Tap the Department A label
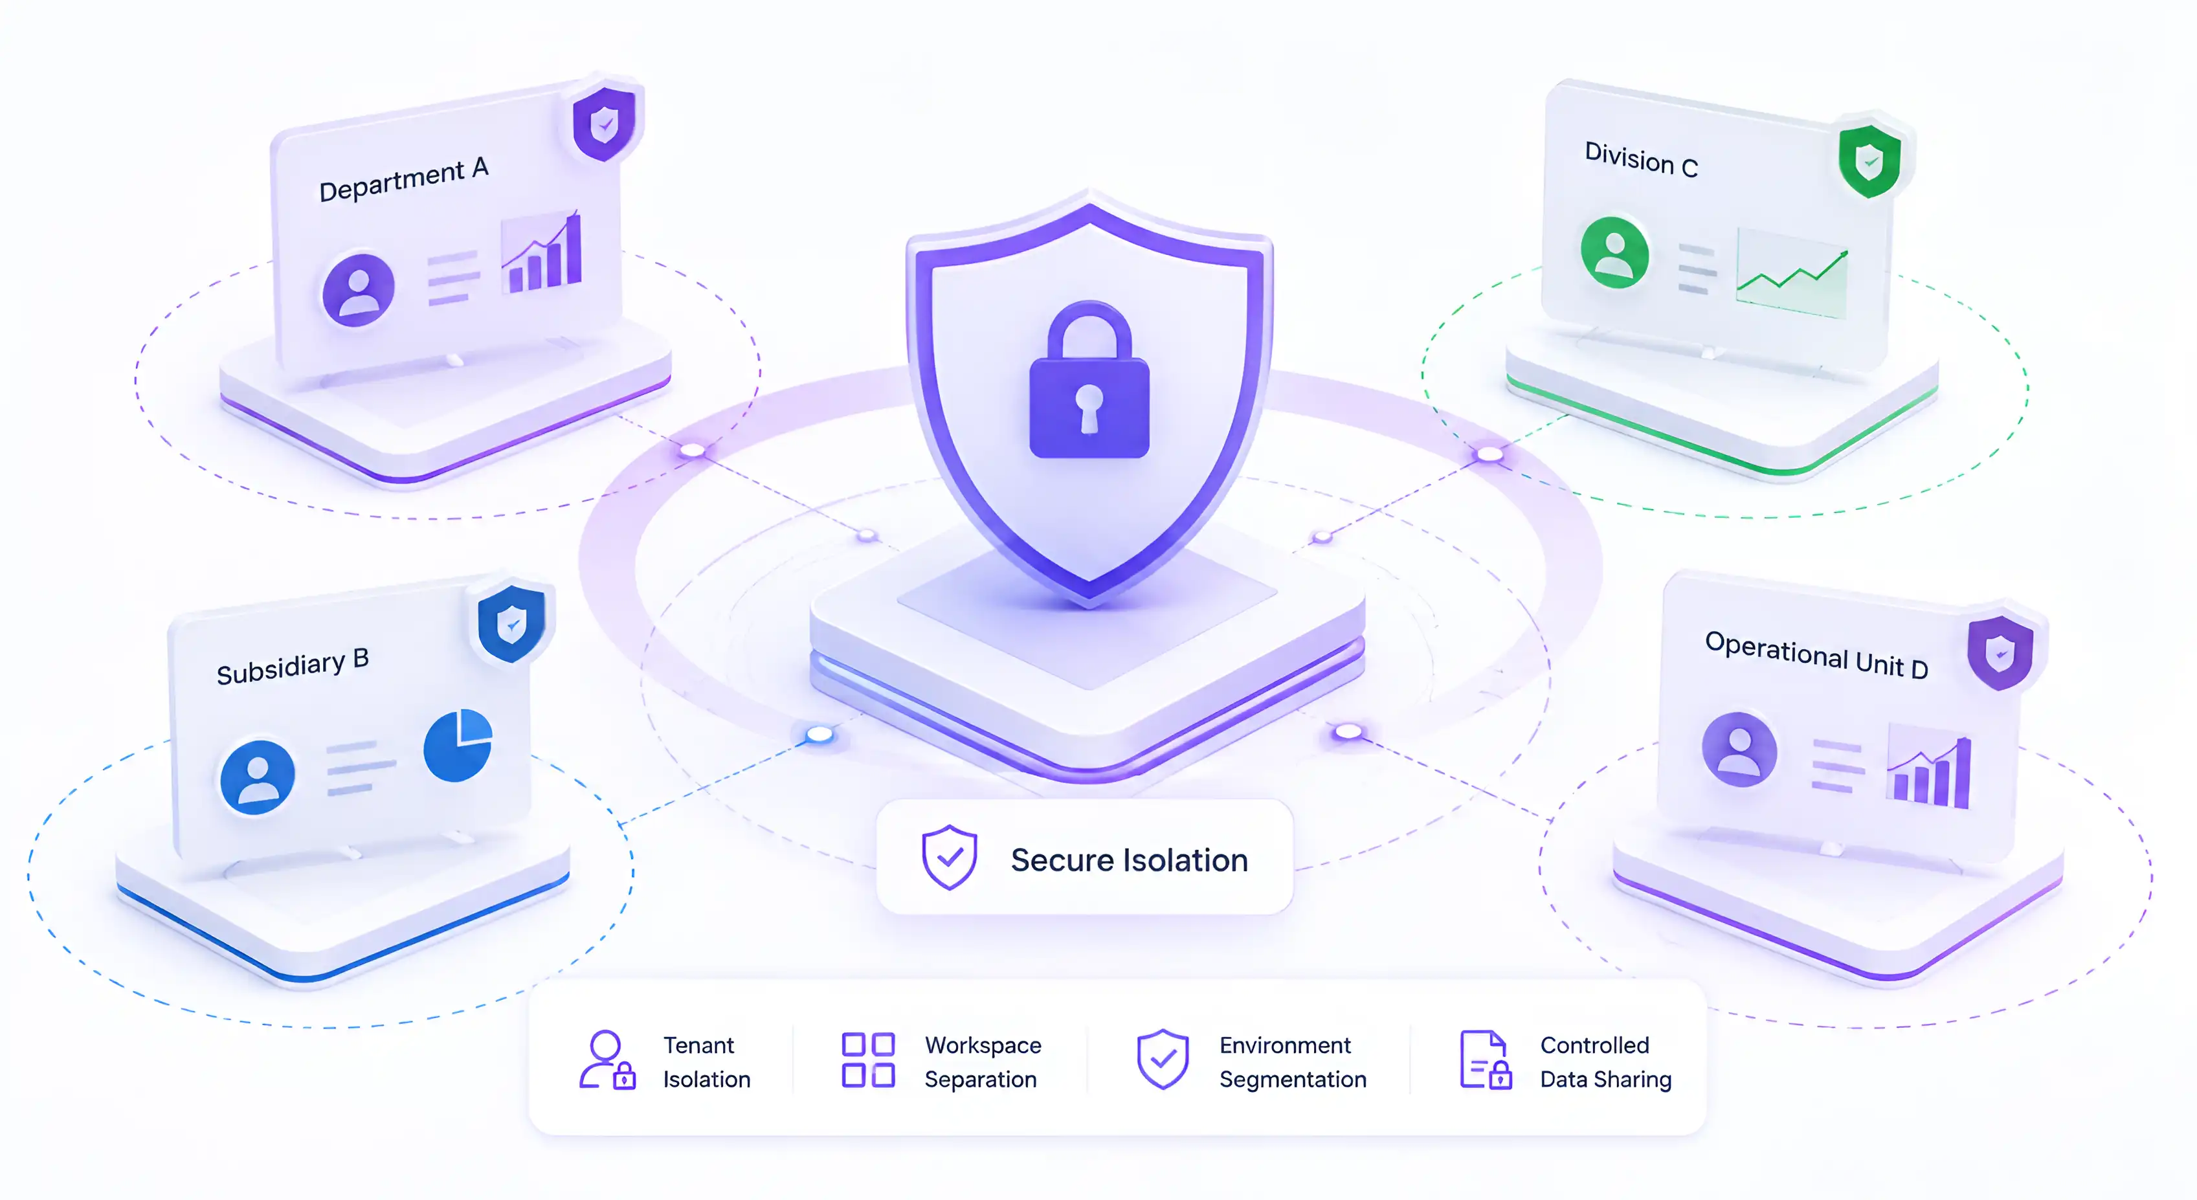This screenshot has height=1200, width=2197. tap(403, 179)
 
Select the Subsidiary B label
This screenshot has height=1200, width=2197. tap(293, 666)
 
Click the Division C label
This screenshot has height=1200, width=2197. tap(1641, 159)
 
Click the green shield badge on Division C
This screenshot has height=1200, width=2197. tap(1869, 161)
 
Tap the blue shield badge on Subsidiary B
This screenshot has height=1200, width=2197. tap(511, 623)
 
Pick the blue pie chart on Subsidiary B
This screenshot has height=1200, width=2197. tap(458, 744)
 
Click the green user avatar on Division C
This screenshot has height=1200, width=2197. tap(1614, 252)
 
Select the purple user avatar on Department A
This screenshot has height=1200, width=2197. tap(358, 290)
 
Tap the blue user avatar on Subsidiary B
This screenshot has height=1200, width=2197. tap(257, 777)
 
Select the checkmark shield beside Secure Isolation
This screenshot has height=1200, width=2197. tap(949, 857)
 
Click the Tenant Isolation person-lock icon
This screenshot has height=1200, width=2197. tap(607, 1060)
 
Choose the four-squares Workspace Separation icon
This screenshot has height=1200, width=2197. tap(868, 1060)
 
